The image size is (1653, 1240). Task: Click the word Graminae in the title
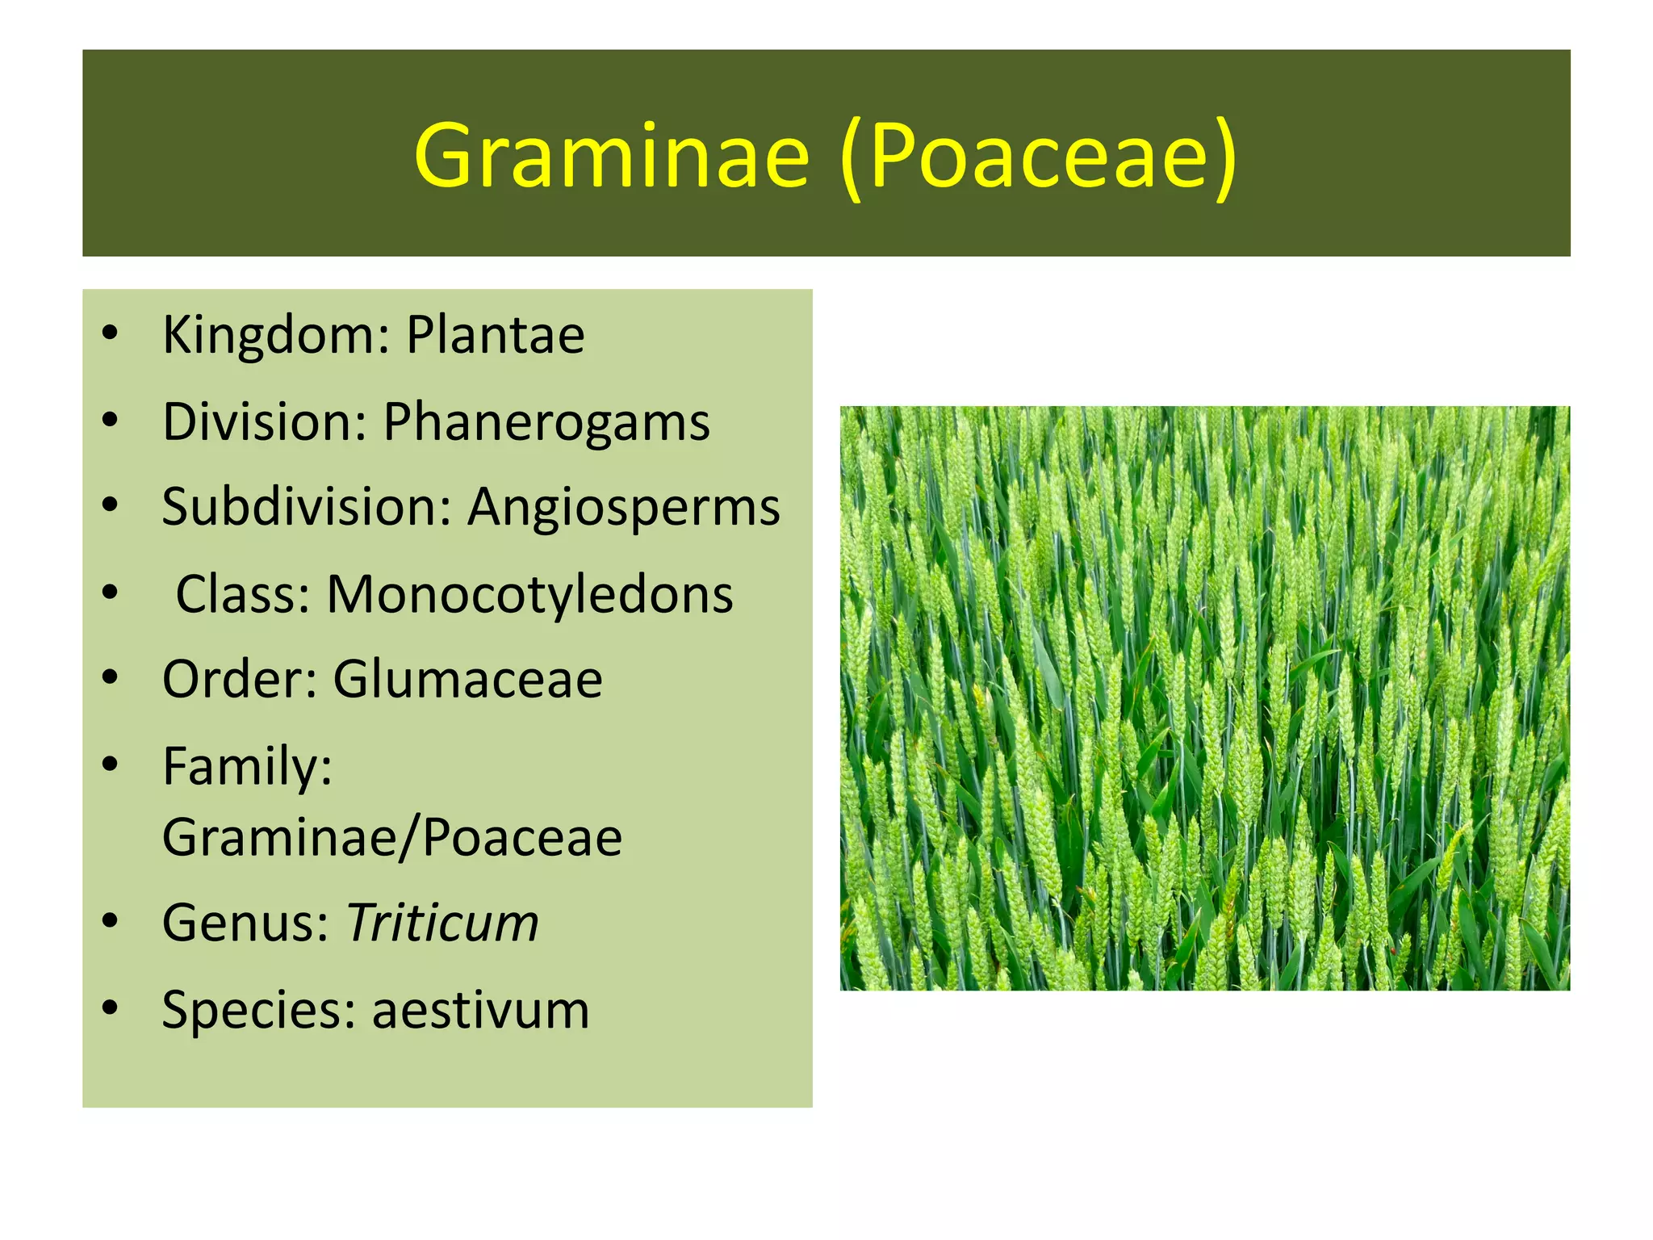(611, 156)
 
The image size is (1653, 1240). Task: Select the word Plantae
(495, 335)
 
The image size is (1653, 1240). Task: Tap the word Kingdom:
(276, 335)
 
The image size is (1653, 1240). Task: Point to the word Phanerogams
(546, 422)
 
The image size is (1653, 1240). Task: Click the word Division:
(265, 422)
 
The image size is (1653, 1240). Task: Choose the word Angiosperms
(624, 508)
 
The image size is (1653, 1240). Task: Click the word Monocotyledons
(529, 595)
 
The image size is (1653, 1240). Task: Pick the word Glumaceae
(467, 680)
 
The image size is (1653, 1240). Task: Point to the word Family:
(247, 766)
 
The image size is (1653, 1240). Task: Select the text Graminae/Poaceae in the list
(392, 838)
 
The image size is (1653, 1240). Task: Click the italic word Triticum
(442, 923)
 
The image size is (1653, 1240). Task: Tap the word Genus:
(245, 923)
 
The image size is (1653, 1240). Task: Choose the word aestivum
(480, 1010)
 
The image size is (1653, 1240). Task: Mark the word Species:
(259, 1010)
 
